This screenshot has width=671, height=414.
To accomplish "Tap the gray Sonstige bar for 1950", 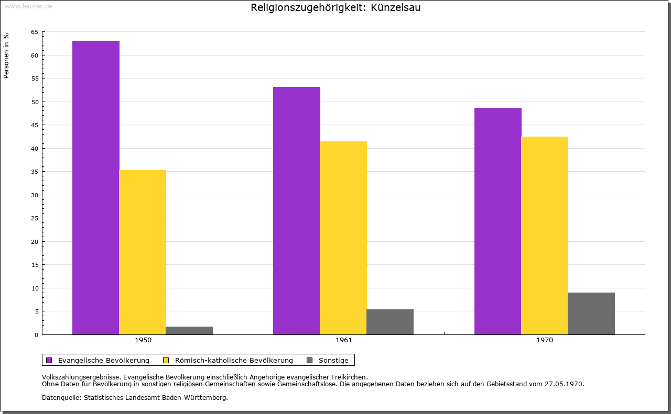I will pyautogui.click(x=189, y=330).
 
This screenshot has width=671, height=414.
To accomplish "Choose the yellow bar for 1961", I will pyautogui.click(x=343, y=238).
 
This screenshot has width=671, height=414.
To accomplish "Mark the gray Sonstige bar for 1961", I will pyautogui.click(x=390, y=322).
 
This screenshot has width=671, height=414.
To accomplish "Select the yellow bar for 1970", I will pyautogui.click(x=545, y=236).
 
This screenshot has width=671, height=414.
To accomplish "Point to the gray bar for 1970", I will pyautogui.click(x=591, y=314).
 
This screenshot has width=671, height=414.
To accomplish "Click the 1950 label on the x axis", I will pyautogui.click(x=143, y=340).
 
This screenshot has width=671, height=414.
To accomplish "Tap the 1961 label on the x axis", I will pyautogui.click(x=344, y=340).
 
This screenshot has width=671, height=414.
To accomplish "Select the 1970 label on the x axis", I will pyautogui.click(x=545, y=340).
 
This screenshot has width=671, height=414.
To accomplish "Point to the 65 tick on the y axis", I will pyautogui.click(x=35, y=32).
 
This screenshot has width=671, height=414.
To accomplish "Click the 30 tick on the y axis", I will pyautogui.click(x=35, y=195).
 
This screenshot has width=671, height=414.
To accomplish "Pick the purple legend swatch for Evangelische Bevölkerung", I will pyautogui.click(x=49, y=360).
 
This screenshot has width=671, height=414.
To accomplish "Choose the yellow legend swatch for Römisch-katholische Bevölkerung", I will pyautogui.click(x=166, y=360).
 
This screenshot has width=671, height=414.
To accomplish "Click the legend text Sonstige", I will pyautogui.click(x=333, y=360).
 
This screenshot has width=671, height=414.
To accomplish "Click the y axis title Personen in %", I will pyautogui.click(x=6, y=55).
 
